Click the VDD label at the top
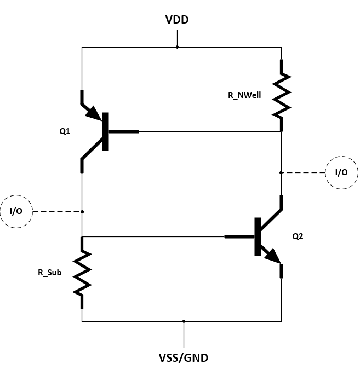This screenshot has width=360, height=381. click(x=177, y=20)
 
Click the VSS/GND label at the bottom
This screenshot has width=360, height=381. click(x=183, y=359)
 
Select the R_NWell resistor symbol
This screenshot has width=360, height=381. click(x=281, y=96)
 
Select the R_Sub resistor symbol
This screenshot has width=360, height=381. click(x=82, y=272)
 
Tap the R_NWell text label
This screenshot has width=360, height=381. click(x=244, y=95)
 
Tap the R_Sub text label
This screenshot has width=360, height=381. click(x=49, y=272)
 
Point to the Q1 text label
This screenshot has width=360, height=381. click(x=65, y=131)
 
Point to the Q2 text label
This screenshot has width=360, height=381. click(x=298, y=236)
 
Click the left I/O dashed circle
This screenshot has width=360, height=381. click(x=16, y=211)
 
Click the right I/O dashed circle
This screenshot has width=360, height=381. click(x=341, y=172)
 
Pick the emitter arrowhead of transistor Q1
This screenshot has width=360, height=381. click(x=94, y=114)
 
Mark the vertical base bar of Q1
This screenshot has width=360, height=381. click(x=105, y=131)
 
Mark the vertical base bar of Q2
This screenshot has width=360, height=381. click(x=256, y=236)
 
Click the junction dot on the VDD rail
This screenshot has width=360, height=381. click(x=177, y=47)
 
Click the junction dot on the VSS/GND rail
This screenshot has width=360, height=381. click(x=184, y=321)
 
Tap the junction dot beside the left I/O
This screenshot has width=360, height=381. click(x=82, y=211)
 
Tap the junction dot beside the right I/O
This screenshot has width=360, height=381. click(x=281, y=172)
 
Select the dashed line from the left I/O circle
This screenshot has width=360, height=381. click(x=57, y=211)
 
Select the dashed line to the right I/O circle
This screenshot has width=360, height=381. click(x=304, y=172)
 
